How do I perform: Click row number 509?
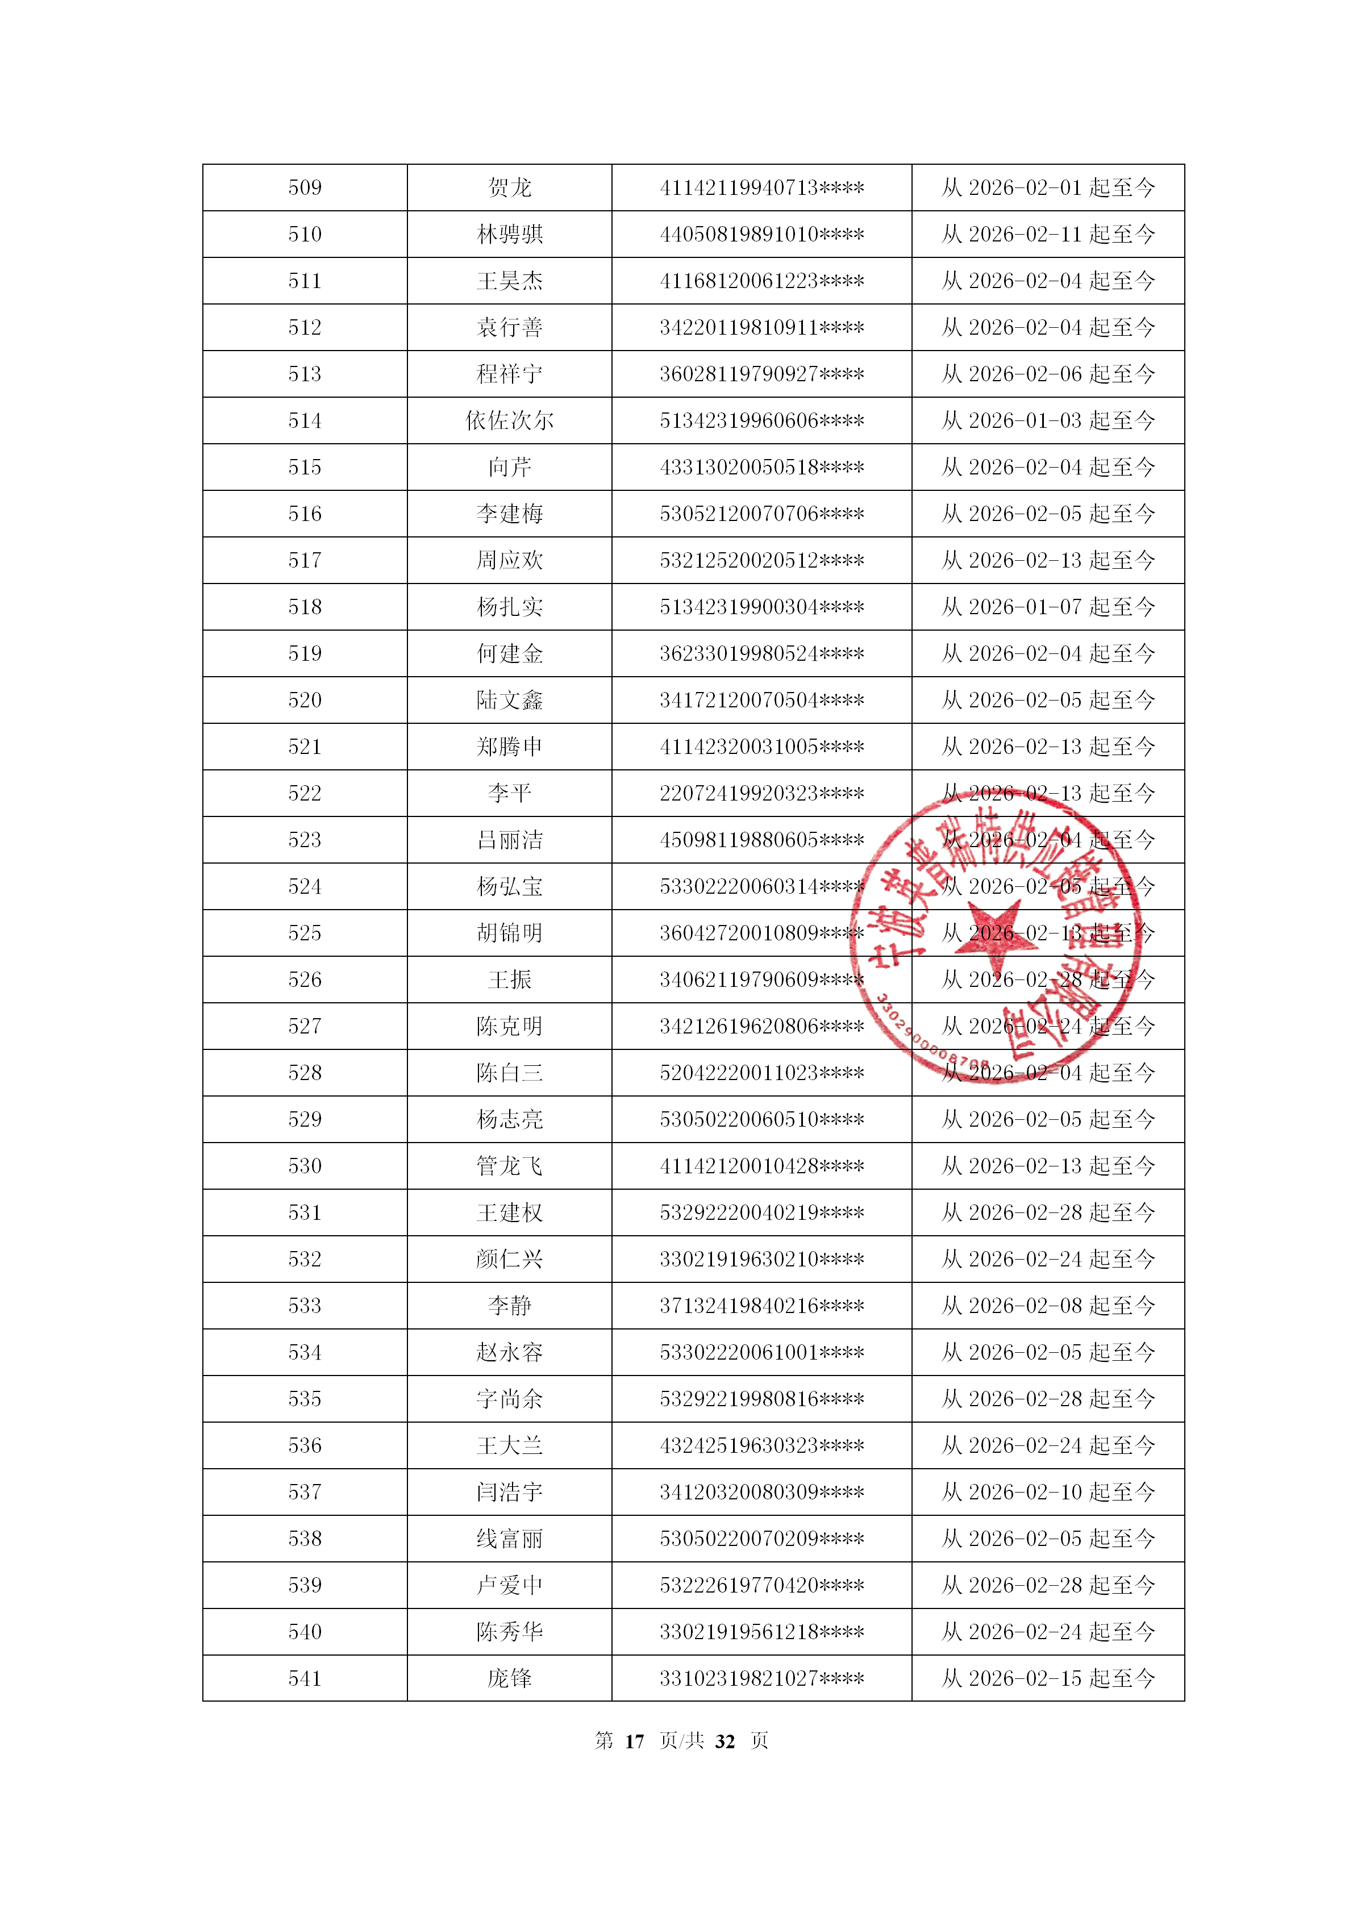click(x=305, y=187)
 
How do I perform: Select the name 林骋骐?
click(x=509, y=234)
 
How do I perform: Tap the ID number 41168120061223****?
click(x=761, y=281)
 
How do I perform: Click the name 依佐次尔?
click(x=509, y=421)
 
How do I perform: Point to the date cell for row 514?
click(x=1048, y=421)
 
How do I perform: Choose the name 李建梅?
click(x=509, y=514)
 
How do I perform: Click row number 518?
click(x=305, y=607)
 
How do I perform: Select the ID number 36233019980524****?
click(x=761, y=654)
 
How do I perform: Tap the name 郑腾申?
click(x=509, y=747)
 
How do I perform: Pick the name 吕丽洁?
click(x=509, y=840)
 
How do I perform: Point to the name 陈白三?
click(x=509, y=1073)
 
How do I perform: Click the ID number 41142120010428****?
click(x=761, y=1166)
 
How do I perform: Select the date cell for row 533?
click(x=1048, y=1306)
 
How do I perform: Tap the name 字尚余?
click(x=509, y=1400)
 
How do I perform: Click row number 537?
click(x=305, y=1492)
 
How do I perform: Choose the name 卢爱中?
click(x=509, y=1586)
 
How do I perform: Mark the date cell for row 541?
click(x=1048, y=1679)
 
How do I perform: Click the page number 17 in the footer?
click(x=634, y=1742)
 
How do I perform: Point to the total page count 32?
click(x=725, y=1742)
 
